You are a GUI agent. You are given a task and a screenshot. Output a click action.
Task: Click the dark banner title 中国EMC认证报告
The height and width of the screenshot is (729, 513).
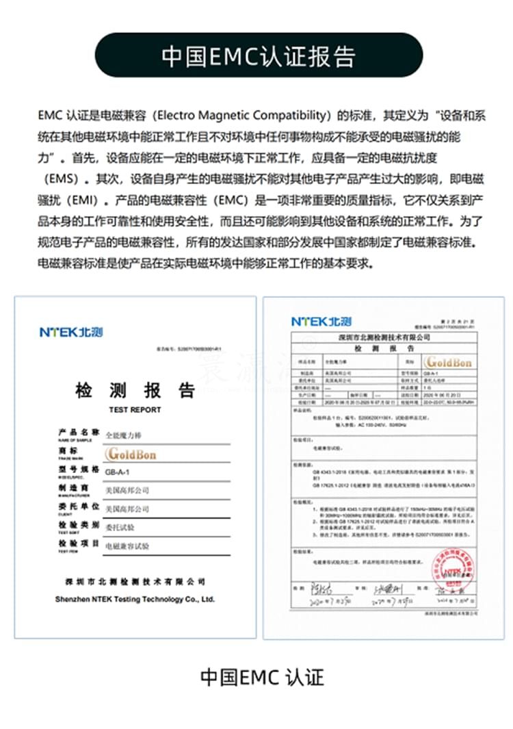click(259, 55)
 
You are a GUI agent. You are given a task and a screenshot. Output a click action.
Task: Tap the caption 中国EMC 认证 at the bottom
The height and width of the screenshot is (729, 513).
click(261, 678)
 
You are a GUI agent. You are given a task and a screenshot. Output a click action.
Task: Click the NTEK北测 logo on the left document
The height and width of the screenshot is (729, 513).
click(71, 333)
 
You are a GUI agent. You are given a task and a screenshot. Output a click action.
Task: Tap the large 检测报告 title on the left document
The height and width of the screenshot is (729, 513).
click(135, 391)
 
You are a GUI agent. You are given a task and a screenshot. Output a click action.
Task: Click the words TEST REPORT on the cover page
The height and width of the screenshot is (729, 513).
click(135, 409)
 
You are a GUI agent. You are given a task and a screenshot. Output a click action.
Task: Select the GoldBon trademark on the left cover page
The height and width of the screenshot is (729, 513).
click(131, 453)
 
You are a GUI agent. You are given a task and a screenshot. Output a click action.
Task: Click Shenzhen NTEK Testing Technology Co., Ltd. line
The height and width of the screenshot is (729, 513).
click(135, 599)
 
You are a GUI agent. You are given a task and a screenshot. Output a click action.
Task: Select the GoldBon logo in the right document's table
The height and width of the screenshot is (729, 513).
click(448, 361)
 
